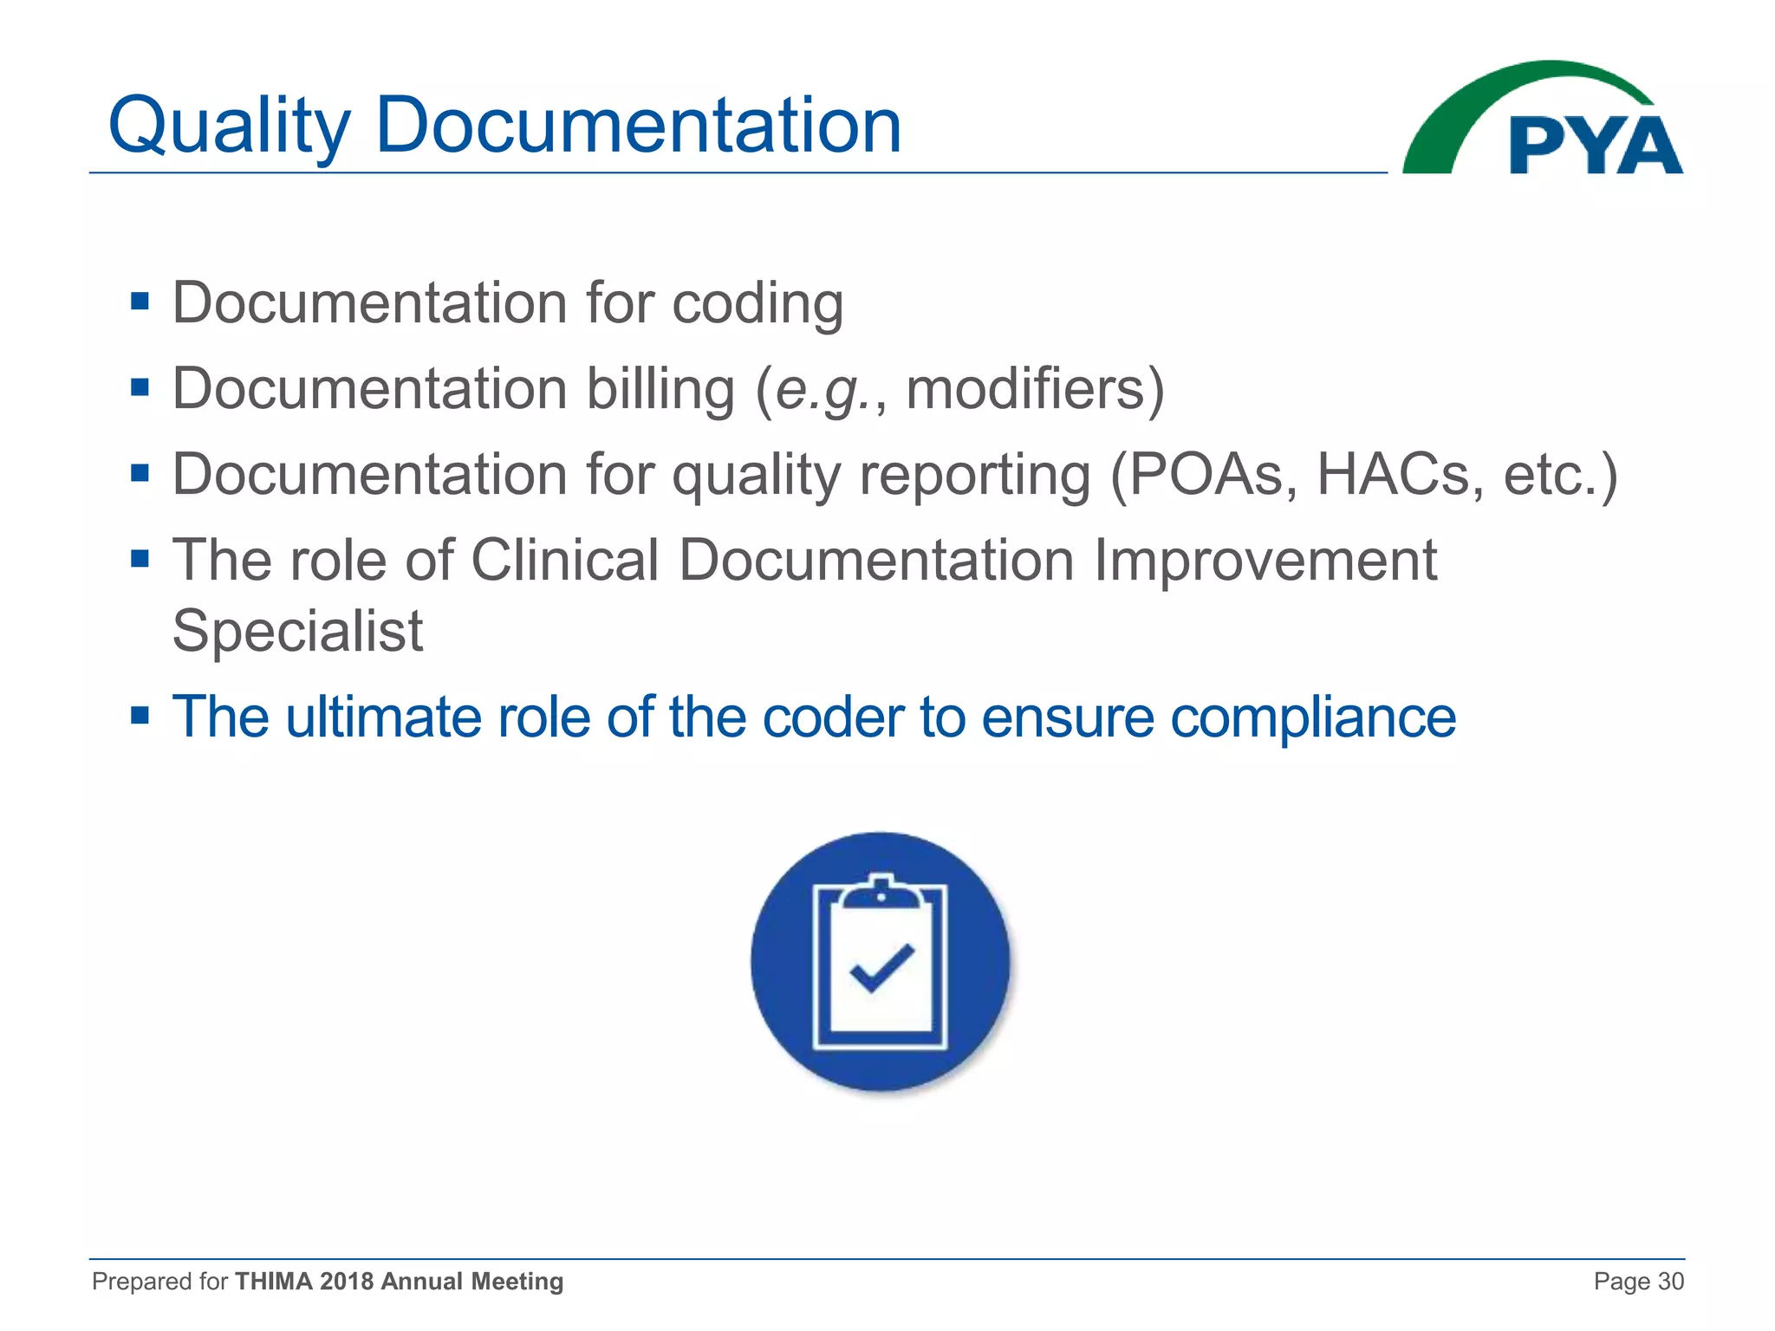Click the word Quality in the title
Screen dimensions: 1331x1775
tap(229, 127)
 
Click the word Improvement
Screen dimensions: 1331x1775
tap(1265, 561)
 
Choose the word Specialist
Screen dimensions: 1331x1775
tap(297, 631)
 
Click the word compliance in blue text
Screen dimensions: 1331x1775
tap(1313, 718)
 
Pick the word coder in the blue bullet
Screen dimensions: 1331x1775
tap(833, 718)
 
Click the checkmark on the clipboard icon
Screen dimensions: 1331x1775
tap(881, 967)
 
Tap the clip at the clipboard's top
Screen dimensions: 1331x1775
tap(881, 893)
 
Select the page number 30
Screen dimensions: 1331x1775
tap(1670, 1282)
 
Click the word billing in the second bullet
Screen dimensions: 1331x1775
tap(660, 389)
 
